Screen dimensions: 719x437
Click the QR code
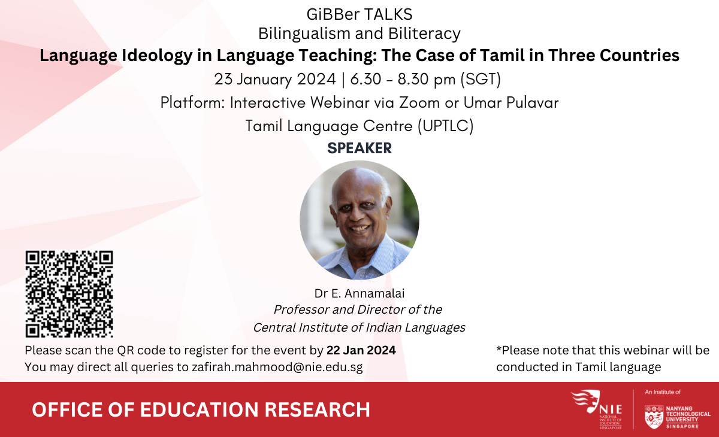[69, 294]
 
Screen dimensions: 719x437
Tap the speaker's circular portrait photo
[359, 220]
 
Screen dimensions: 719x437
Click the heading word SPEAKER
[359, 148]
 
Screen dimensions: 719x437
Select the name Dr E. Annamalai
[359, 293]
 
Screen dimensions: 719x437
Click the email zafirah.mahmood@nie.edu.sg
[277, 367]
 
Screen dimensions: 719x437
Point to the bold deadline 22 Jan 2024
[361, 350]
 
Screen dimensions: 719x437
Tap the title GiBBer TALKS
[359, 14]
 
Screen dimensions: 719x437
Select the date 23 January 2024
[275, 79]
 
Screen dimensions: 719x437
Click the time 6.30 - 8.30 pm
[403, 79]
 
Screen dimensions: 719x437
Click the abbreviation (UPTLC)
[446, 126]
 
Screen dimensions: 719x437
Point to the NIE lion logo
[586, 401]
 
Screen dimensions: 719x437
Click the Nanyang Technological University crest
[654, 417]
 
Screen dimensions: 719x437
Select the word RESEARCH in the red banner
[317, 409]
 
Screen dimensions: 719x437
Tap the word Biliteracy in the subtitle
[424, 34]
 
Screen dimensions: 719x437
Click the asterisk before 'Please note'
[499, 348]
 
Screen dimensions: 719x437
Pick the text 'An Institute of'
[663, 392]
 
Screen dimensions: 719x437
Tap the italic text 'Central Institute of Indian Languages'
[359, 327]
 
